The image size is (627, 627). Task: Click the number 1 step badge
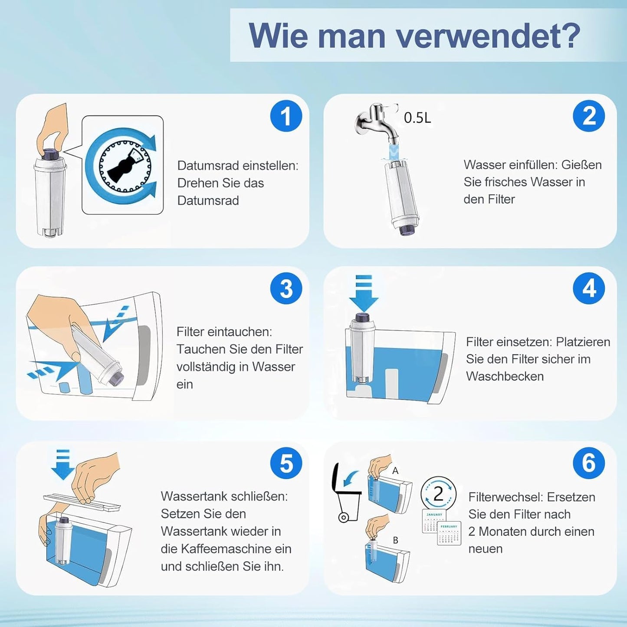pos(286,116)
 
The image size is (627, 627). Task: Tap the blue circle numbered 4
pos(589,289)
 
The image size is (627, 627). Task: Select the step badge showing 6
pos(589,463)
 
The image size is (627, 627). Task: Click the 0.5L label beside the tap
pos(417,118)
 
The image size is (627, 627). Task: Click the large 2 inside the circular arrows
pos(439,494)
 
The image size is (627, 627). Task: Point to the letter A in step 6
pos(395,470)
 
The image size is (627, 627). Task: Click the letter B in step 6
pos(395,541)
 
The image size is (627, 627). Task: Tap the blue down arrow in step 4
pos(364,293)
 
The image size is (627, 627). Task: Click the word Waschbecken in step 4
pos(505,377)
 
